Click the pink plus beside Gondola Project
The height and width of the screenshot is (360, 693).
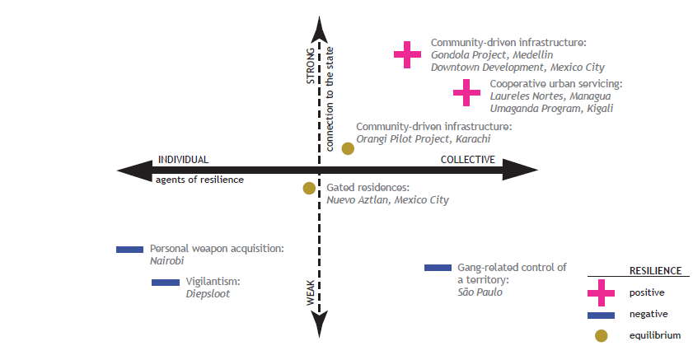pyautogui.click(x=407, y=54)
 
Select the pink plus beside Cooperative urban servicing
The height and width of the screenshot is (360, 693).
pyautogui.click(x=466, y=92)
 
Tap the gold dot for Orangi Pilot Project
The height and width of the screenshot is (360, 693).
pyautogui.click(x=348, y=148)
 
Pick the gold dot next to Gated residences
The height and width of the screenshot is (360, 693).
pyautogui.click(x=309, y=188)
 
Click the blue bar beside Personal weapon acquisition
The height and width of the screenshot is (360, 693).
pyautogui.click(x=130, y=249)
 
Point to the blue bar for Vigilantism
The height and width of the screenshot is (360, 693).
pyautogui.click(x=166, y=283)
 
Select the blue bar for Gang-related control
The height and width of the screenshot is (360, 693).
pyautogui.click(x=438, y=268)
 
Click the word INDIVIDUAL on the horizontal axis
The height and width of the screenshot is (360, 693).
pyautogui.click(x=184, y=160)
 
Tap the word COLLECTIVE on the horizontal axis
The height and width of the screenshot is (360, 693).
pyautogui.click(x=467, y=160)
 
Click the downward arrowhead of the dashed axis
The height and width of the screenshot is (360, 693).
pyautogui.click(x=320, y=325)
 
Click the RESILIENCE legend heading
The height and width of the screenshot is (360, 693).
pyautogui.click(x=655, y=270)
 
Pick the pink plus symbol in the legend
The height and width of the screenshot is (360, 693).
pyautogui.click(x=602, y=292)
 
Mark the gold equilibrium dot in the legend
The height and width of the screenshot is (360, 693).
pyautogui.click(x=602, y=335)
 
